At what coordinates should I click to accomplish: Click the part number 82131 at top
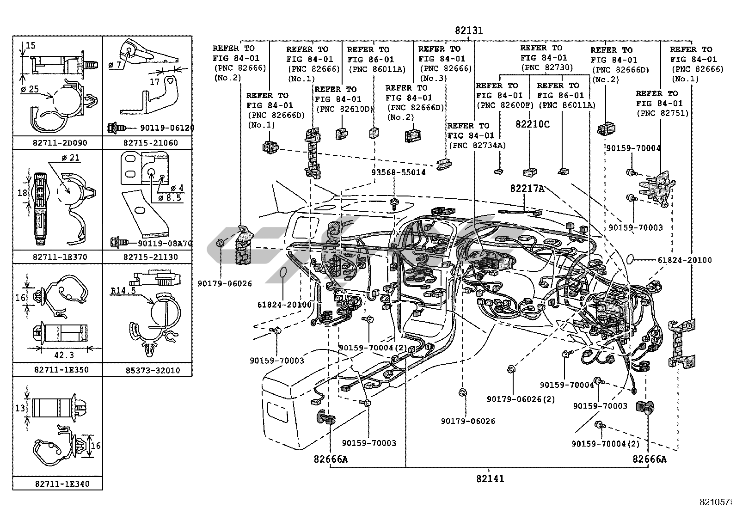click(469, 31)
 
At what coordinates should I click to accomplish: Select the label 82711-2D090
click(60, 143)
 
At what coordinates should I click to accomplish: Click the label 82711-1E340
click(62, 484)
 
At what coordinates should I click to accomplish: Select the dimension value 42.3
click(64, 355)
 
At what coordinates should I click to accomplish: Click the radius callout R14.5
click(123, 291)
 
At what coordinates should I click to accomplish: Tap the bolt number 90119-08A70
click(165, 243)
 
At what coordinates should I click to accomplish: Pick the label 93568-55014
click(399, 172)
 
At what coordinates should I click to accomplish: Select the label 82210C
click(533, 124)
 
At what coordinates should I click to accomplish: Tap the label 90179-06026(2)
click(521, 399)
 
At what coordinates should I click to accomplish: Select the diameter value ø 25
click(31, 89)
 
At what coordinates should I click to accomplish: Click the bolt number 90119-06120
click(166, 128)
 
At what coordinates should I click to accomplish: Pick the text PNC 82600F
click(504, 105)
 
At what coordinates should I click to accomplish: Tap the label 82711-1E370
click(60, 257)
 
